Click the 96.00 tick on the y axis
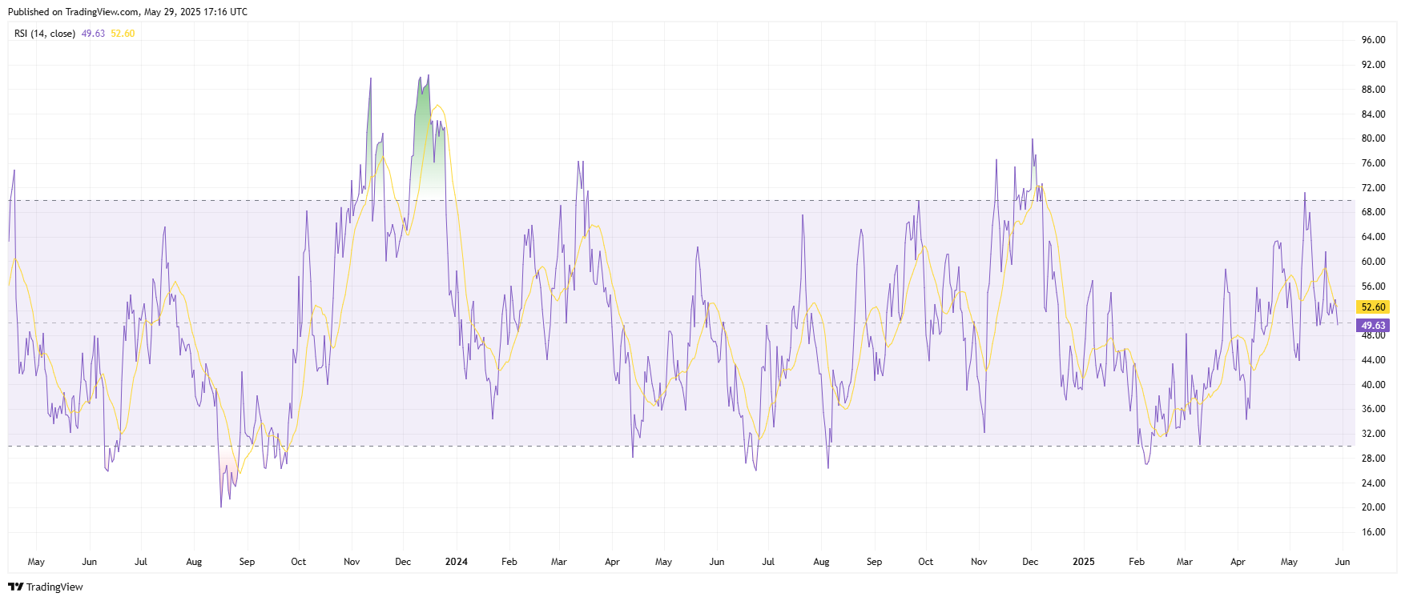pyautogui.click(x=1373, y=40)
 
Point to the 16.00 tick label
pyautogui.click(x=1373, y=532)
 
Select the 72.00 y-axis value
pyautogui.click(x=1373, y=188)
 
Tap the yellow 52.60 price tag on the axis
pyautogui.click(x=1373, y=307)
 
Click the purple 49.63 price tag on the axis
pyautogui.click(x=1373, y=326)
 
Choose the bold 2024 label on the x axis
pyautogui.click(x=457, y=562)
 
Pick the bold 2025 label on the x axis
pyautogui.click(x=1083, y=562)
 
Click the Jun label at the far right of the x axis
pyautogui.click(x=1343, y=562)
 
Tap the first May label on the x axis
pyautogui.click(x=36, y=562)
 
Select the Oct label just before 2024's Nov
pyautogui.click(x=925, y=562)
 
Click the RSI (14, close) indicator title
pyautogui.click(x=45, y=34)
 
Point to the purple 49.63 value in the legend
pyautogui.click(x=93, y=34)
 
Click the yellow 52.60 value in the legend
pyautogui.click(x=123, y=34)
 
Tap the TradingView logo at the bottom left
pyautogui.click(x=46, y=587)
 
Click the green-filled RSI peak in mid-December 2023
pyautogui.click(x=428, y=76)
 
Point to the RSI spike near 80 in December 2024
pyautogui.click(x=1033, y=139)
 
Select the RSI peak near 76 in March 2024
pyautogui.click(x=578, y=162)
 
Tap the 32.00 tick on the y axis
pyautogui.click(x=1373, y=434)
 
